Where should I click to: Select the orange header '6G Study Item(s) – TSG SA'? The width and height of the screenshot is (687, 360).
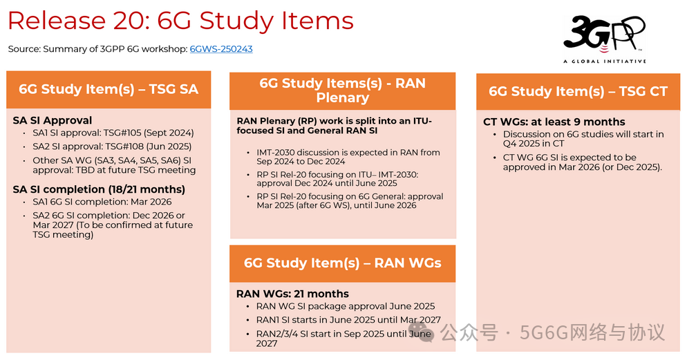pyautogui.click(x=109, y=89)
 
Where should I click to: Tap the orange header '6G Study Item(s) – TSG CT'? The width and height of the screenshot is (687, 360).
pyautogui.click(x=578, y=91)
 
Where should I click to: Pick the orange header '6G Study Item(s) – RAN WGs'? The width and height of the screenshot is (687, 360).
pyautogui.click(x=342, y=263)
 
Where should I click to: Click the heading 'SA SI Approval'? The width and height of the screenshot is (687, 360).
pyautogui.click(x=53, y=120)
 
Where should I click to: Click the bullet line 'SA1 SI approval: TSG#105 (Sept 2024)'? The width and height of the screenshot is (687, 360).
pyautogui.click(x=113, y=133)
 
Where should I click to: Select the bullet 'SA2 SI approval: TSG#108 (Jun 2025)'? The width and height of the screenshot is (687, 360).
pyautogui.click(x=112, y=146)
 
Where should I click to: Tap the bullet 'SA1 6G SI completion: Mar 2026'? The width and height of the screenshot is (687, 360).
pyautogui.click(x=102, y=202)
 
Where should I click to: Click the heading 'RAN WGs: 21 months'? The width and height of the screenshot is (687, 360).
pyautogui.click(x=292, y=294)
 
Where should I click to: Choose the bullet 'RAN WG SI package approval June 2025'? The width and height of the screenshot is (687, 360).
pyautogui.click(x=346, y=306)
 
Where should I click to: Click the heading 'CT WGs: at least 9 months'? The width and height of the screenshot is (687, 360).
pyautogui.click(x=554, y=122)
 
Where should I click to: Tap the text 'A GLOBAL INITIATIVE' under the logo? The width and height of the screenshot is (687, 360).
pyautogui.click(x=605, y=61)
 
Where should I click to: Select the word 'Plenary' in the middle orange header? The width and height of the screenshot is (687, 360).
pyautogui.click(x=342, y=97)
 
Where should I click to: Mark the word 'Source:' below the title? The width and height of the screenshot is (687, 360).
pyautogui.click(x=24, y=49)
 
